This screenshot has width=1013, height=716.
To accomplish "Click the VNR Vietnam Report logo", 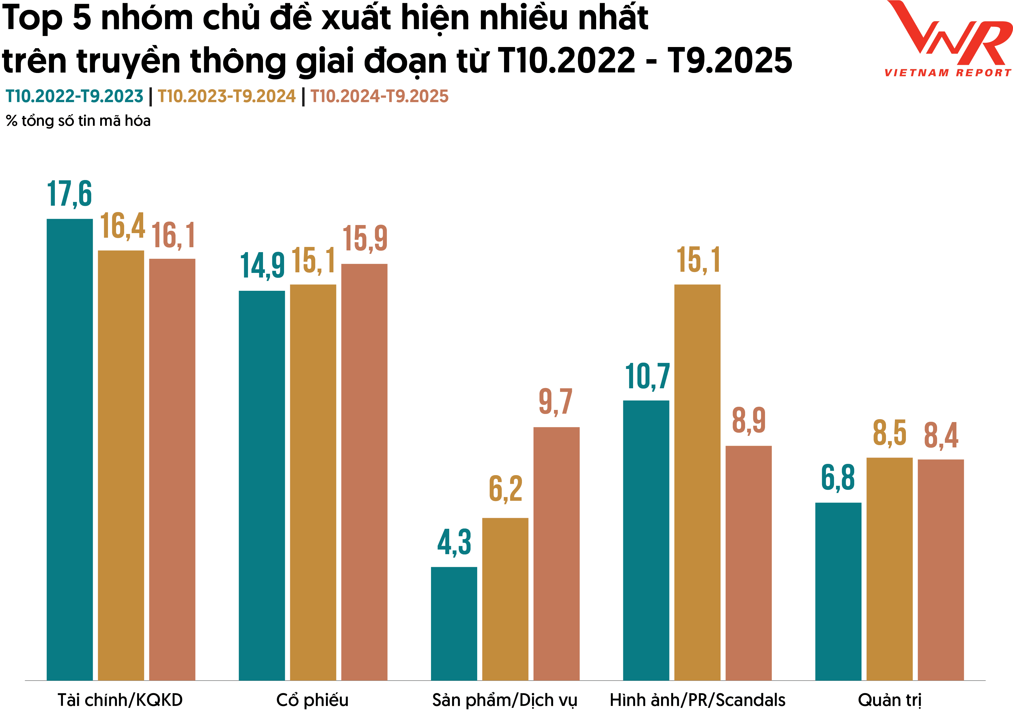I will [x=949, y=40].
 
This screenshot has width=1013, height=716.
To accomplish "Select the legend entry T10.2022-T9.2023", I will [x=74, y=96].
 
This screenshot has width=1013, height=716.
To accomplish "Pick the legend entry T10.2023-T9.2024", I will [x=226, y=96].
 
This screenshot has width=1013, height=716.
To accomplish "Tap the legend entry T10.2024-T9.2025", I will [x=379, y=96].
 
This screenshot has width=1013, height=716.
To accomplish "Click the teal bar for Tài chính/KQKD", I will [x=70, y=450].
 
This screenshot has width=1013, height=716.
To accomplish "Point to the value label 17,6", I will [x=70, y=194].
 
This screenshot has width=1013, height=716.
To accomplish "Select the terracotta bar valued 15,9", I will [x=364, y=472].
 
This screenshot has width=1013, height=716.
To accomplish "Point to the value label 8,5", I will [x=889, y=433].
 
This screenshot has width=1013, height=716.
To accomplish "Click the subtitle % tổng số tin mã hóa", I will [x=78, y=121].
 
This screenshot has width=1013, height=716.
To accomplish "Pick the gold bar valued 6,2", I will [x=505, y=599].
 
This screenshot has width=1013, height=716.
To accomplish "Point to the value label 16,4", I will [x=122, y=226].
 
